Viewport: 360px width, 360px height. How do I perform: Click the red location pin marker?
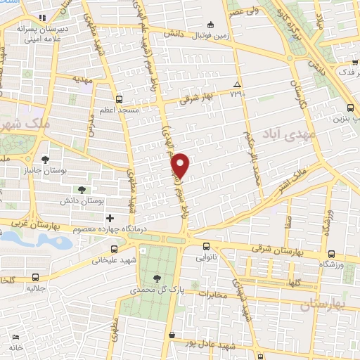181,165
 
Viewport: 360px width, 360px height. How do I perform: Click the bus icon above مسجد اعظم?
119,99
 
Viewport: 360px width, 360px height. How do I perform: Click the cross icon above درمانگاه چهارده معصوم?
109,218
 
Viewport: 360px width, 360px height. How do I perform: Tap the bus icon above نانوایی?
206,247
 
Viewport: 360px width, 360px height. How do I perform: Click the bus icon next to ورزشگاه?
331,253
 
